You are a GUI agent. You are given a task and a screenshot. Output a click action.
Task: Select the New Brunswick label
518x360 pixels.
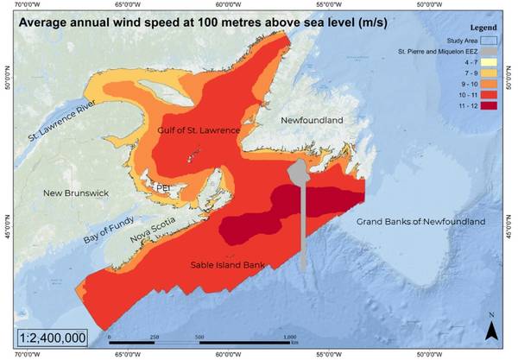(76, 193)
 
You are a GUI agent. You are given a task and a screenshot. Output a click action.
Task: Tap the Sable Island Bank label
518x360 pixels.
(227, 264)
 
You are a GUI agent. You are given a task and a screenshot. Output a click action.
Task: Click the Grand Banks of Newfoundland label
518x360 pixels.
(420, 222)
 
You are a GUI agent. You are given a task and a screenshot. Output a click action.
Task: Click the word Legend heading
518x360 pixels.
(481, 27)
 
